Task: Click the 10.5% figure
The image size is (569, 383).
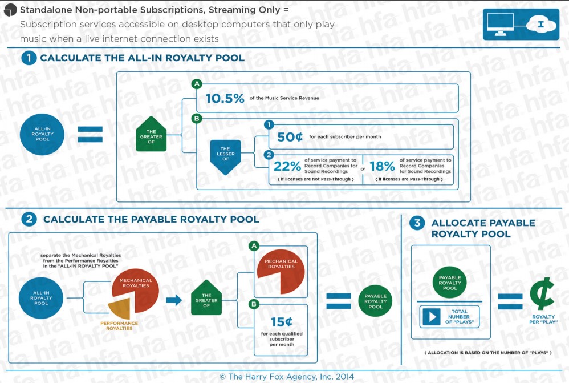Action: click(225, 98)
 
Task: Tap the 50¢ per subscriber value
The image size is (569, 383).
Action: click(290, 136)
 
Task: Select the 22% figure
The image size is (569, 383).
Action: click(287, 166)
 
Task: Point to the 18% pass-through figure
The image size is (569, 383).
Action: click(382, 166)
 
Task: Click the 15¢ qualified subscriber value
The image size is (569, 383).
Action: click(282, 321)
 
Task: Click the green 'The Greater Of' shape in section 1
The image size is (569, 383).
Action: click(151, 134)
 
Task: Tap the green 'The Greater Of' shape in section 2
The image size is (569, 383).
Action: click(206, 297)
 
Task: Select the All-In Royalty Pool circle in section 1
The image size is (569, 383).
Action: click(42, 134)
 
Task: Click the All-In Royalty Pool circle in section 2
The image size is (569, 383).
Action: click(41, 298)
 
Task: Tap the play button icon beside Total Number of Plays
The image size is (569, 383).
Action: click(432, 317)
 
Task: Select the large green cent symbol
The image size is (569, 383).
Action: click(542, 293)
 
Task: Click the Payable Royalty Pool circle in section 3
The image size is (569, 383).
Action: click(450, 283)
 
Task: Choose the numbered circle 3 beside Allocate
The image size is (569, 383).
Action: click(417, 223)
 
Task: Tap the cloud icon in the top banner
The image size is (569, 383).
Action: click(541, 25)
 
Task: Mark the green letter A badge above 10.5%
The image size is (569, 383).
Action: click(197, 84)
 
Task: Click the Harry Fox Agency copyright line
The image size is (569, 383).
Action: click(287, 377)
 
